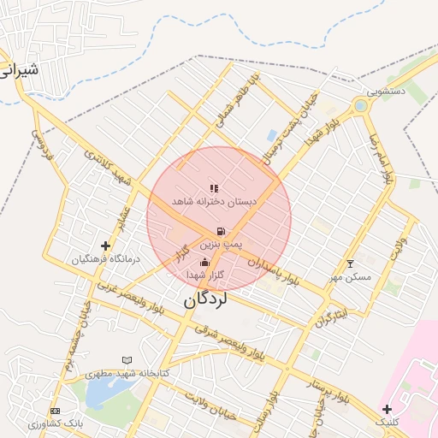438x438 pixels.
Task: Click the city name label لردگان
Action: point(206,300)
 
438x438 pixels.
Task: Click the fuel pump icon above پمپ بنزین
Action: point(222,231)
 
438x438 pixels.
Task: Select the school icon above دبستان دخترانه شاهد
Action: point(214,188)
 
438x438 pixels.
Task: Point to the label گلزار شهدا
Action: point(204,275)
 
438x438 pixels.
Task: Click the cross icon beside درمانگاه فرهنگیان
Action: point(105,246)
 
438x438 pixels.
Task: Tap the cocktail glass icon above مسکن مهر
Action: point(349,263)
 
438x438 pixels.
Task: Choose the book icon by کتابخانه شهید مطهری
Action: point(127,361)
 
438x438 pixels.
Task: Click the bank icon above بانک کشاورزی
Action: point(56,411)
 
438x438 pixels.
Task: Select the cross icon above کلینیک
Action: point(388,409)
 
